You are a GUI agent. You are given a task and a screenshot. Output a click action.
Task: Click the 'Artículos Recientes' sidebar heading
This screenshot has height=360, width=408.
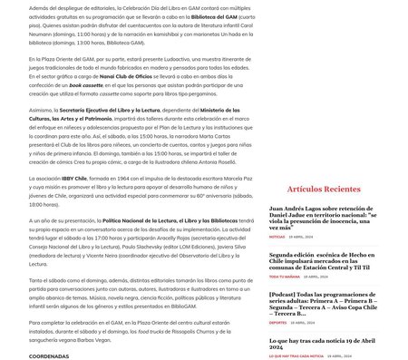[x=324, y=190]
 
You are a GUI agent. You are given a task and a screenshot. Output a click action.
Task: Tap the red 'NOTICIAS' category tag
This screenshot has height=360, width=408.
[x=277, y=237]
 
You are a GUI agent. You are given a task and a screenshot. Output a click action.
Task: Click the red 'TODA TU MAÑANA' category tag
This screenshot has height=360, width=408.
[x=284, y=277]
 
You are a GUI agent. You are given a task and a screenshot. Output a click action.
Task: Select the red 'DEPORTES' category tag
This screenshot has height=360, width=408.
[x=277, y=322]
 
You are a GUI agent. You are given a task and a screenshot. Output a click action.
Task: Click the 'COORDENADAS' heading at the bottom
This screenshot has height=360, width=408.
[x=49, y=356]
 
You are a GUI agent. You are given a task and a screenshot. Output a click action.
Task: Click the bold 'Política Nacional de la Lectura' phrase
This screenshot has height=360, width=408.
[x=136, y=219]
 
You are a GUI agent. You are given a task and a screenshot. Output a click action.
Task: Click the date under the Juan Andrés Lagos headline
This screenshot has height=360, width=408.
[x=302, y=237]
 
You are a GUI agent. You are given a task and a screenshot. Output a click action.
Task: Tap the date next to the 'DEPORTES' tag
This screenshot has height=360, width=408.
[x=304, y=322]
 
